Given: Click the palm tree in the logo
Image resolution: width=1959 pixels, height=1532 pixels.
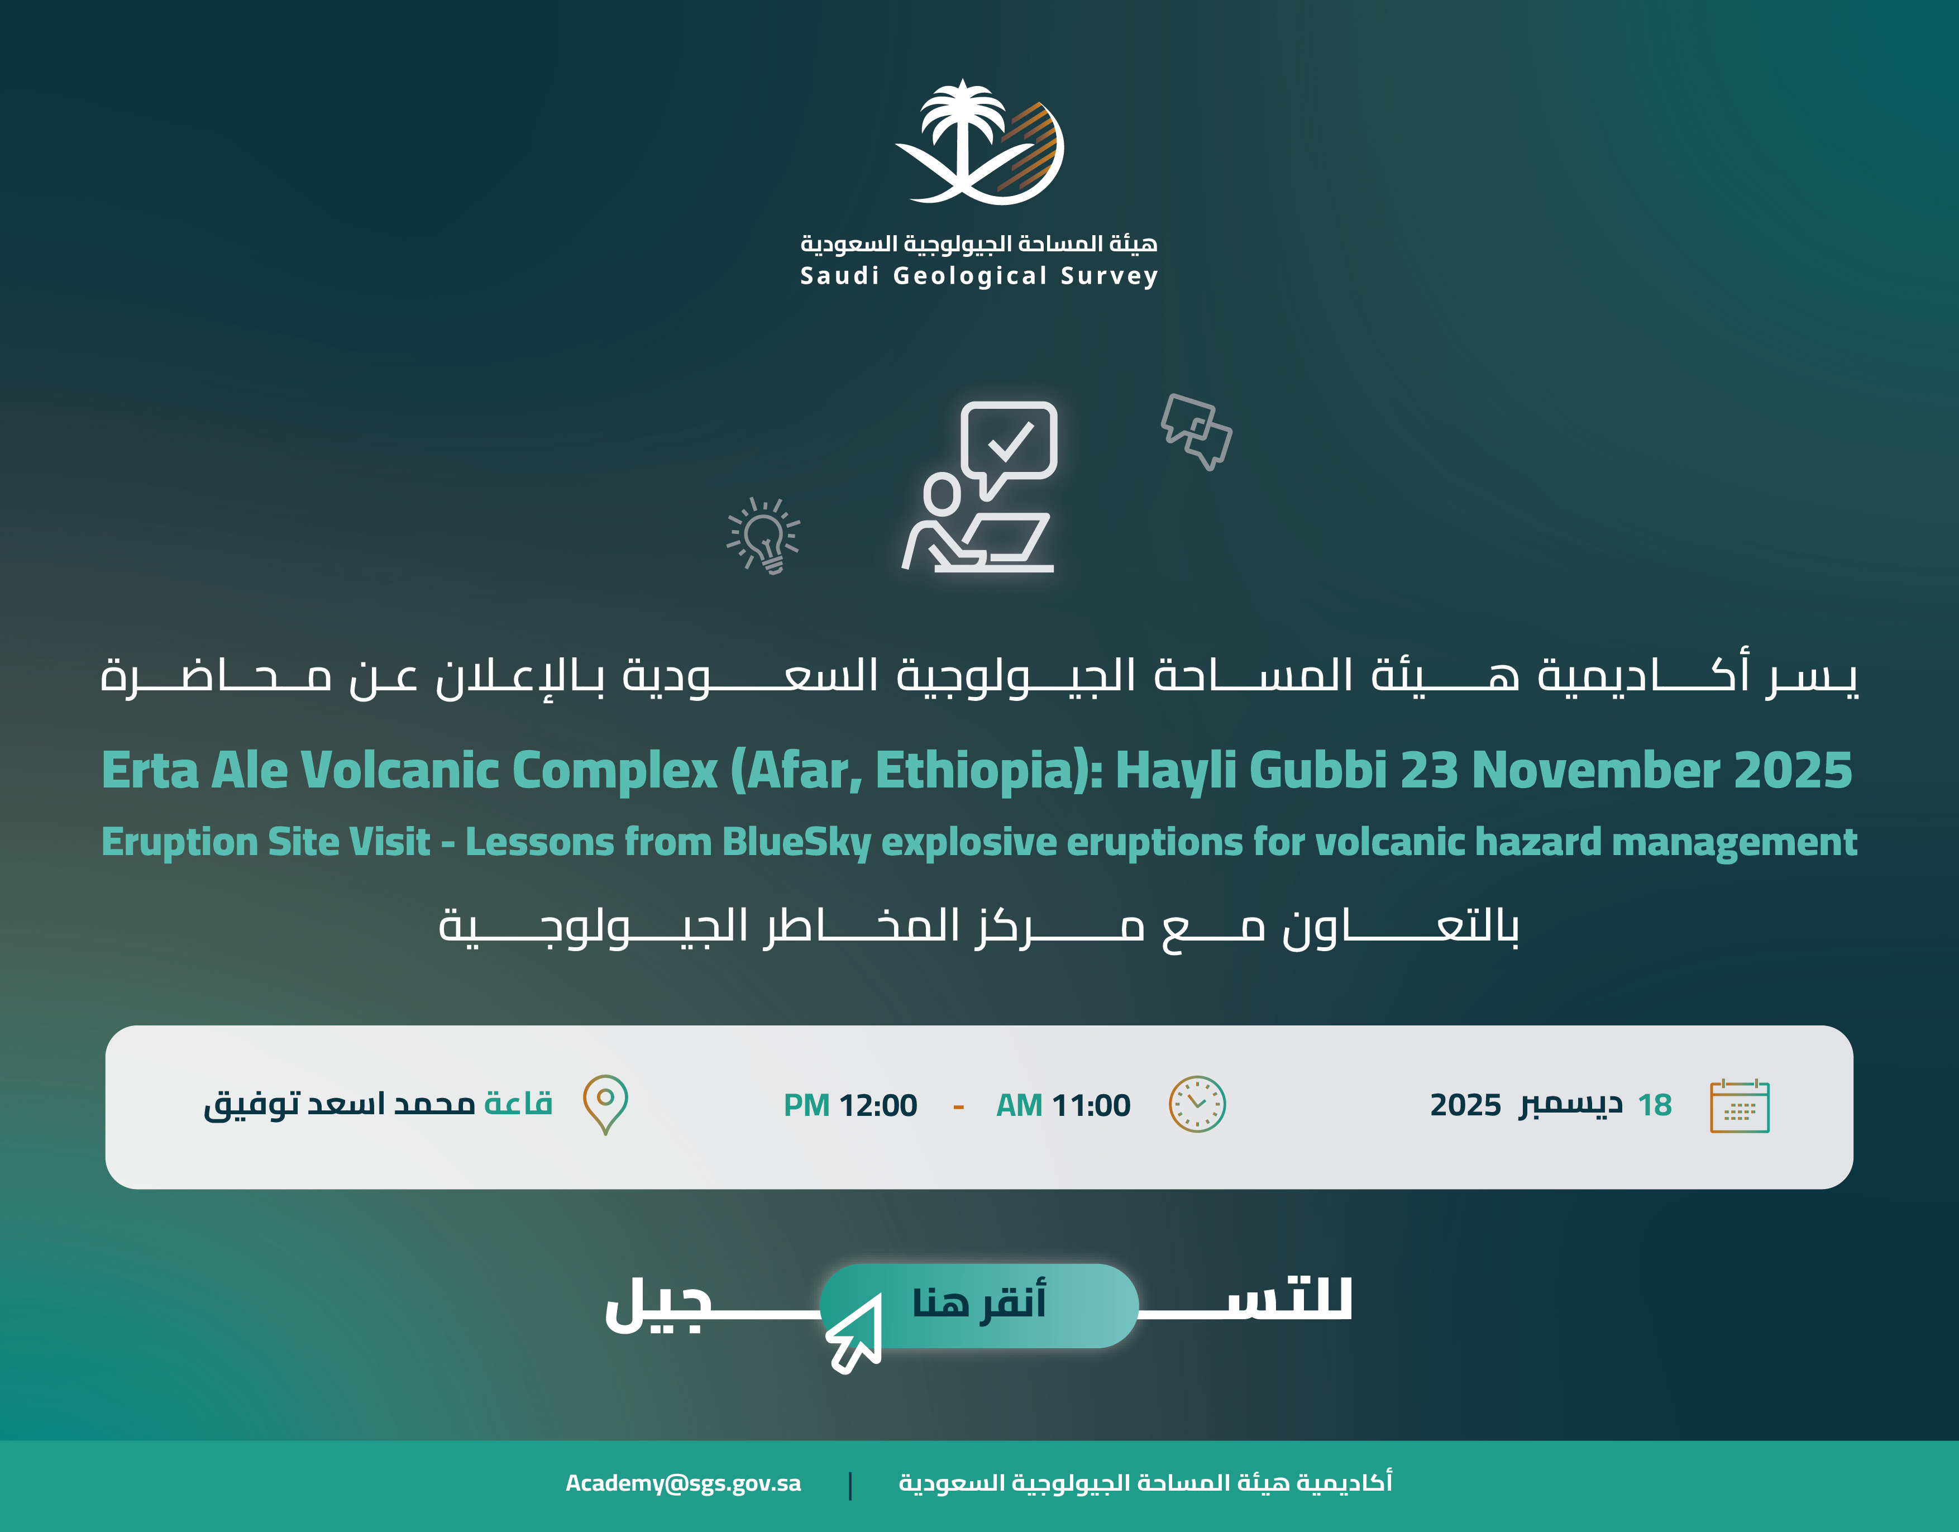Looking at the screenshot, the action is point(962,135).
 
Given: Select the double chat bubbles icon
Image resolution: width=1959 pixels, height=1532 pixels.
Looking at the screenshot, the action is point(1197,431).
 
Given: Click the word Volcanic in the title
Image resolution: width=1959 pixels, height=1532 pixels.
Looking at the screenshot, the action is point(399,770).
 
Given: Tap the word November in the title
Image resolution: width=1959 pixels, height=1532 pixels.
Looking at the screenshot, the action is point(1595,770).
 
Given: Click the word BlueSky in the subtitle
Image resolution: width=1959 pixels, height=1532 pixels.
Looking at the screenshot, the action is point(796,842).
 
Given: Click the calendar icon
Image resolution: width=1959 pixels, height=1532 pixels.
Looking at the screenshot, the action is point(1739,1106).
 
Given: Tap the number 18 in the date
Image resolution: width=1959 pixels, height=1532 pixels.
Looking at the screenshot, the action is point(1655,1105).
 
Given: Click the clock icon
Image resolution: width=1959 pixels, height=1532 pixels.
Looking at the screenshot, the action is point(1197,1104).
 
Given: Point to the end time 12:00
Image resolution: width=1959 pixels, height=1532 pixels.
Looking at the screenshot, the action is point(878,1106).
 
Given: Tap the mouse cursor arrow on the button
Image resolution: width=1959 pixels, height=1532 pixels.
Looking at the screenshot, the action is point(854,1333).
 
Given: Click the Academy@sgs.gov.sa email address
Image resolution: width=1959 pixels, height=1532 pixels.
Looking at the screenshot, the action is point(684,1483).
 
